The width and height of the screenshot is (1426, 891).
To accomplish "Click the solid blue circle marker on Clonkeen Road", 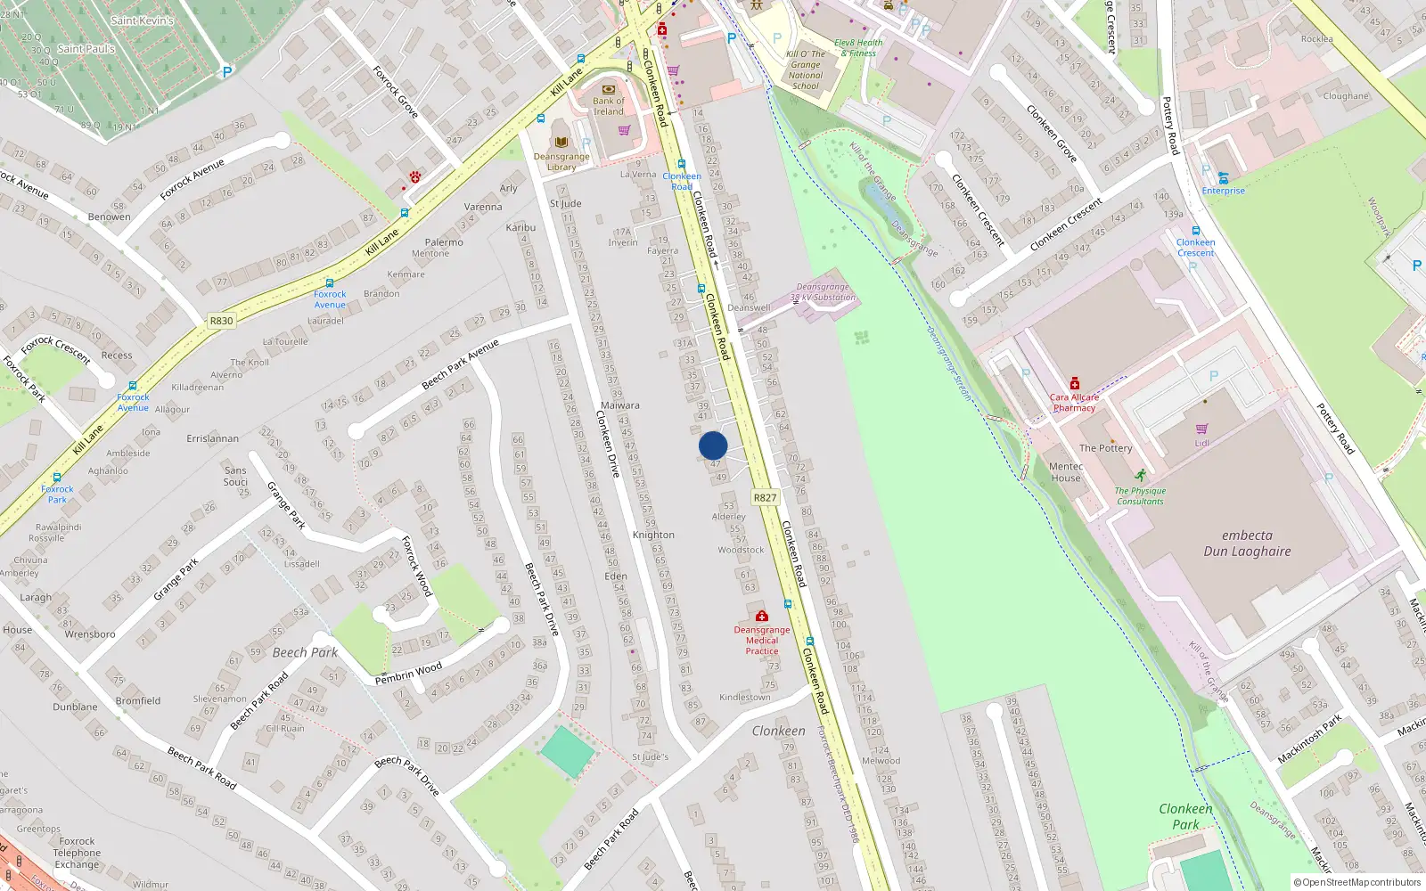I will (713, 445).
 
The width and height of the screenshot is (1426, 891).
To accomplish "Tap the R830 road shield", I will (221, 321).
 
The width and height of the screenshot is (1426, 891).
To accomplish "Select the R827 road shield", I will (765, 498).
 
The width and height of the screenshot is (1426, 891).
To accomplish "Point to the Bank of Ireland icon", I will (609, 89).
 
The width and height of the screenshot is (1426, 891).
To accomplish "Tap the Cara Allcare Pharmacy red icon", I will (1074, 383).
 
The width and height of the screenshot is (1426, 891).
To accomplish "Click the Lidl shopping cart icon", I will (1202, 429).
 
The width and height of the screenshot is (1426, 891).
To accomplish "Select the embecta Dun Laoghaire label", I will (1247, 543).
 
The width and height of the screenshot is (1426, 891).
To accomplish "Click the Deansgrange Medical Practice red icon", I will (762, 616).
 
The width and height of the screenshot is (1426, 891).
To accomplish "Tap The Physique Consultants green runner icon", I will (1140, 476).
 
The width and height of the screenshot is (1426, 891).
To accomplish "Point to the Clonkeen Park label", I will (1185, 816).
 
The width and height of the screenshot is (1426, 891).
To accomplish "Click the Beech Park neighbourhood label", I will (305, 652).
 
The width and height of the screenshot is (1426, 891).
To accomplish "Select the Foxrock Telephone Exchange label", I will (78, 853).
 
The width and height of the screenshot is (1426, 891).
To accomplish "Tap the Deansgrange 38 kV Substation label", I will (823, 292).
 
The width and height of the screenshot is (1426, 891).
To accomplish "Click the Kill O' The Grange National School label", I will (806, 69).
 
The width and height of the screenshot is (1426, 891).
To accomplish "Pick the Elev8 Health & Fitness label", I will (858, 47).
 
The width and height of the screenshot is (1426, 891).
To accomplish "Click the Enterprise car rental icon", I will (1223, 177).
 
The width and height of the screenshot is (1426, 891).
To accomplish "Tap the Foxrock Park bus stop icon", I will (57, 478).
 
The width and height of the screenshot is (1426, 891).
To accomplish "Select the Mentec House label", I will (1066, 471).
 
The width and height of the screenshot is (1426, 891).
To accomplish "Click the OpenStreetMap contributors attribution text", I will (1356, 882).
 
